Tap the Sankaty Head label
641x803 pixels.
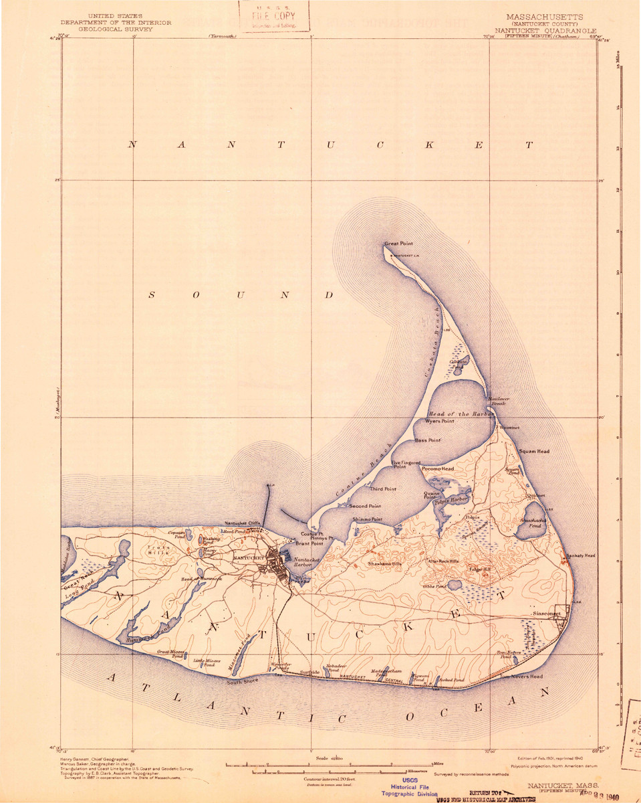point(580,556)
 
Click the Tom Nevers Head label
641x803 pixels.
point(521,677)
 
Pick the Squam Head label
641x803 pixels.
point(534,452)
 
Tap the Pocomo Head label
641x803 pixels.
point(438,469)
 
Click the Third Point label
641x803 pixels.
point(383,489)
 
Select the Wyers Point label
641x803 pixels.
point(440,422)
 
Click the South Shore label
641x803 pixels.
point(242,682)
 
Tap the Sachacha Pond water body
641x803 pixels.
point(529,527)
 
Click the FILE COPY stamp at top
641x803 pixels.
point(274,15)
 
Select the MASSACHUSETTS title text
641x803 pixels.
point(544,17)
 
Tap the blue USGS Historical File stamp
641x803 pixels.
point(410,790)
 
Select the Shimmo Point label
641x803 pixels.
point(368,519)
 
